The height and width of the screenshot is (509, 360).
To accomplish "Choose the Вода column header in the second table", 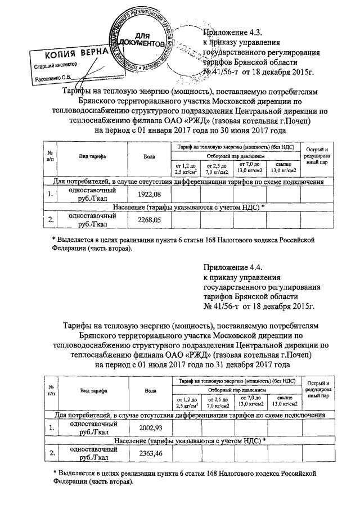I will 150,390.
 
